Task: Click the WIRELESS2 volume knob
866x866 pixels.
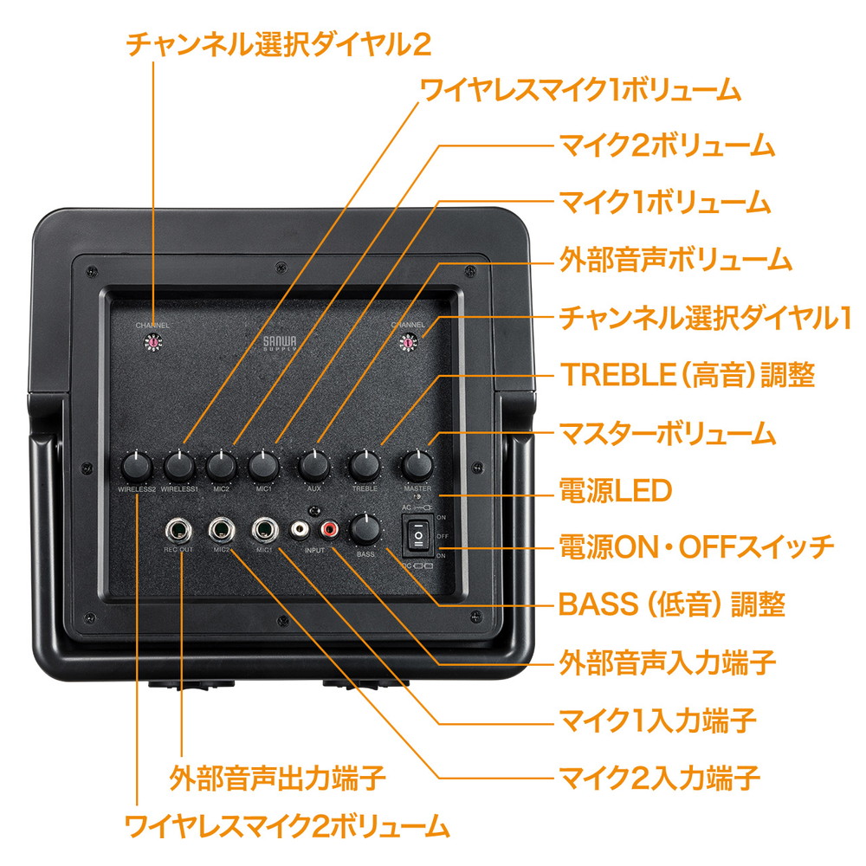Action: (x=136, y=467)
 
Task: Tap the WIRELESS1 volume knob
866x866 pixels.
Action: (x=179, y=467)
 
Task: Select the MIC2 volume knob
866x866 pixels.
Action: (x=222, y=467)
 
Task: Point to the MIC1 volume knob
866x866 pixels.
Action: (x=263, y=467)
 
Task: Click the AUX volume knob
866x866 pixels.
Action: (x=313, y=467)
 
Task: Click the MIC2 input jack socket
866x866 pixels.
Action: (x=223, y=528)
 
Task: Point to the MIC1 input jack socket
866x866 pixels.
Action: (x=264, y=528)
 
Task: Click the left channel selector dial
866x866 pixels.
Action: (x=153, y=345)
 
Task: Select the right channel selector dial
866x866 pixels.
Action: (x=405, y=345)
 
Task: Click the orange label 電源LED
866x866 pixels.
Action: (x=616, y=491)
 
